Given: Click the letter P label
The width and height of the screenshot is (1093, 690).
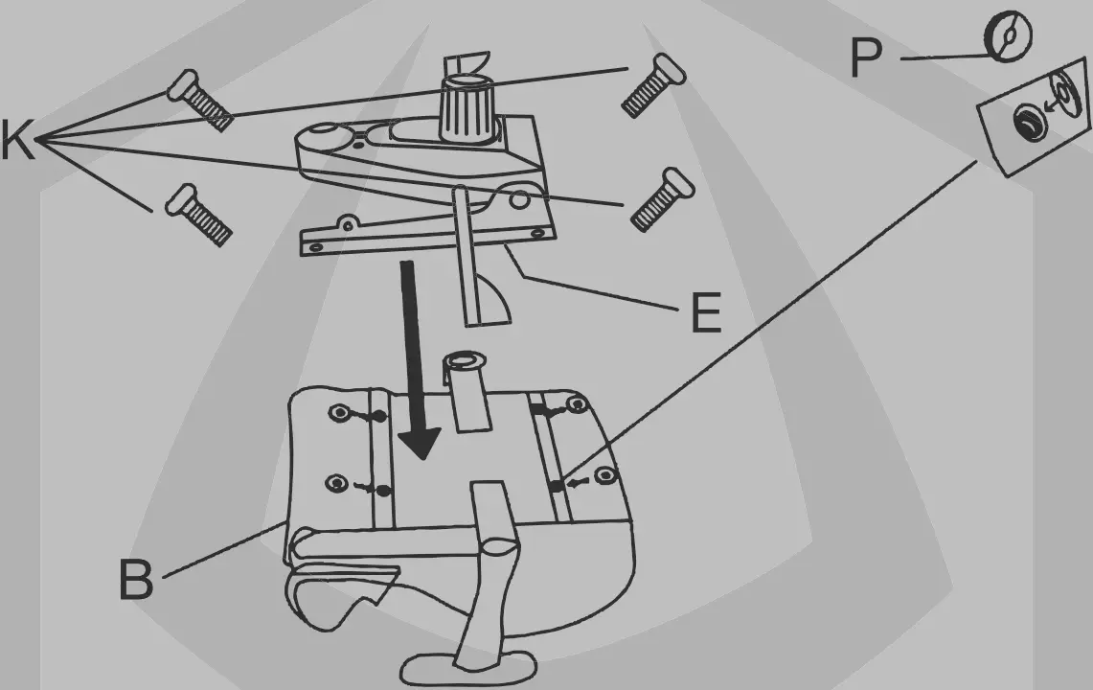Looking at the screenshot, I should [x=866, y=59].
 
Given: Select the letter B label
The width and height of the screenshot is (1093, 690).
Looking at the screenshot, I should [x=135, y=579].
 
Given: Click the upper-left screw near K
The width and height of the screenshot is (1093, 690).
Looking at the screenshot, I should [x=199, y=100].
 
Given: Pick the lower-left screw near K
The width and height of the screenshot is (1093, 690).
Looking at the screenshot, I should [x=197, y=215].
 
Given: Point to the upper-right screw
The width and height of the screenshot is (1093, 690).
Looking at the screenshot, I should [x=653, y=85].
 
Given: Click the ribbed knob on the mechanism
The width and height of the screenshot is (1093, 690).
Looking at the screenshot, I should [x=462, y=108].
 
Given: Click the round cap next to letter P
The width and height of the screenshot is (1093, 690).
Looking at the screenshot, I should [x=1008, y=38].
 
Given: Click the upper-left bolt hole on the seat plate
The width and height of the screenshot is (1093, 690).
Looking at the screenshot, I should [x=340, y=414].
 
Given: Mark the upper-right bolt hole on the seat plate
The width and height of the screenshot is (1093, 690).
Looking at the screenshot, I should [x=576, y=405].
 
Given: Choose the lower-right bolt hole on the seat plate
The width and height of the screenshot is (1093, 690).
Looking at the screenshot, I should [x=602, y=475].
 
